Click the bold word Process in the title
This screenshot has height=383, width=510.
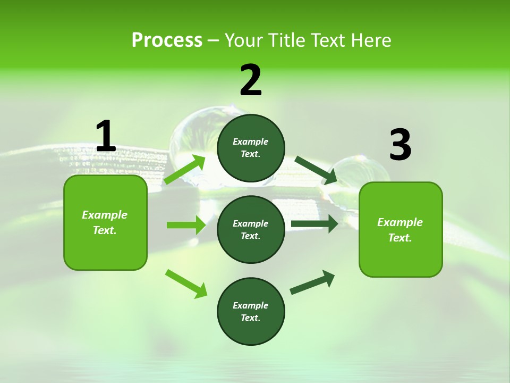(167, 40)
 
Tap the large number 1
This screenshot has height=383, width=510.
(106, 137)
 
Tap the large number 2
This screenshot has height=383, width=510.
(251, 81)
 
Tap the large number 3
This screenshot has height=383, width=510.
(400, 145)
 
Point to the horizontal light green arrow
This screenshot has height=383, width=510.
(186, 225)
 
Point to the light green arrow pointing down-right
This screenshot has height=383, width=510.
(186, 284)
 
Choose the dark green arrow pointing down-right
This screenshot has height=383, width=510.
(316, 170)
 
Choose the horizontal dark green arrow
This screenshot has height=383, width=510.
(314, 224)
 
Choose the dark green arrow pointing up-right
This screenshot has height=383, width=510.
(313, 282)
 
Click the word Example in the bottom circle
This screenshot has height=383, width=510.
(250, 305)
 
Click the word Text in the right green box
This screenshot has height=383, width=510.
(399, 238)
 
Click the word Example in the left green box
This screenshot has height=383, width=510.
(105, 215)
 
